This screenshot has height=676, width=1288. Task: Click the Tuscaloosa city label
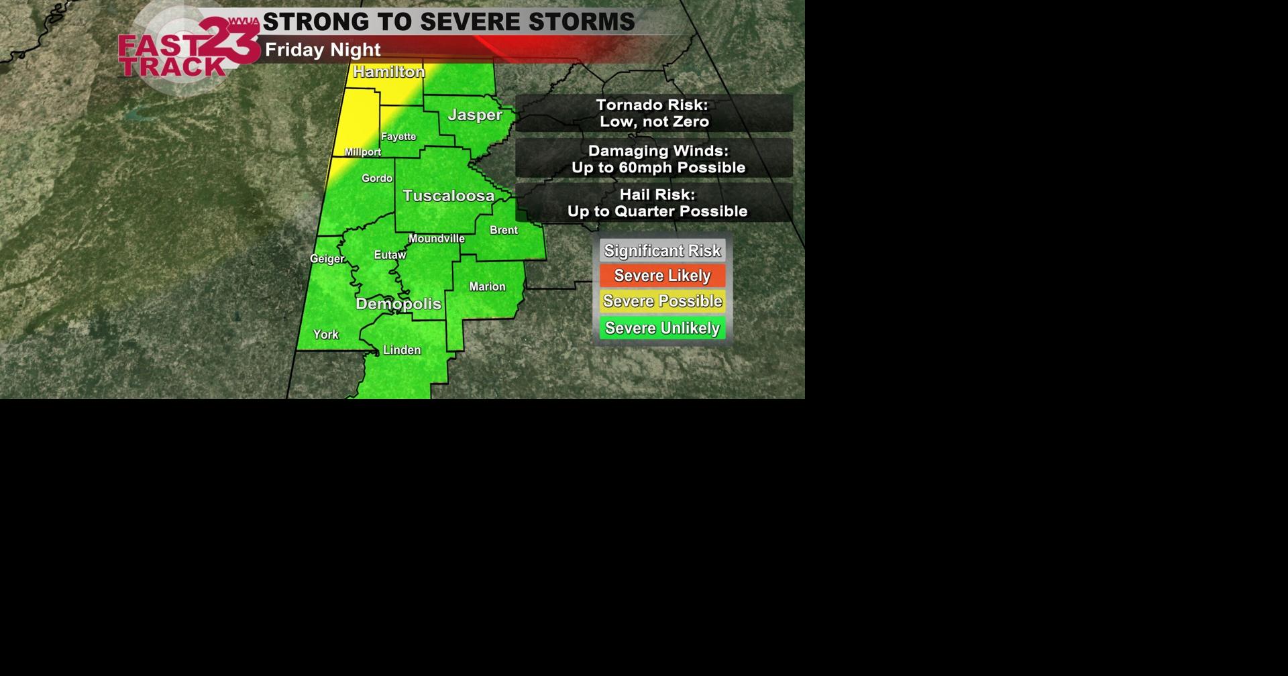[x=448, y=196]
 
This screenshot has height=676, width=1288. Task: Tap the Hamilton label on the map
[x=389, y=72]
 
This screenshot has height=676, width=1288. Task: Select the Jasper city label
[x=475, y=115]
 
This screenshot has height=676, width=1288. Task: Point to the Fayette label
[x=398, y=137]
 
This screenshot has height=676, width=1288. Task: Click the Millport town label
[x=363, y=152]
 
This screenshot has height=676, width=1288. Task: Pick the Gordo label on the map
[x=377, y=178]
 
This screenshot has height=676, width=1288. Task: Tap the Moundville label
[x=437, y=239]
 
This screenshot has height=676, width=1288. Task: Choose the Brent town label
[x=504, y=230]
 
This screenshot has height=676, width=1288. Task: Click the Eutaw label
[x=390, y=255]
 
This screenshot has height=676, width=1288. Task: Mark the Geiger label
[x=327, y=259]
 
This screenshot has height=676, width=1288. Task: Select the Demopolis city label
[x=398, y=304]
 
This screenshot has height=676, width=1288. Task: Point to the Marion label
[x=487, y=287]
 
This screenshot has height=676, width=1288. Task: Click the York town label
[x=326, y=335]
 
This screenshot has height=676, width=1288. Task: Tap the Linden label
[x=402, y=350]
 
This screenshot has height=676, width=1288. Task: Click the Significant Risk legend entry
[x=662, y=251]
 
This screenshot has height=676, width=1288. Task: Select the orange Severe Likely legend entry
[x=662, y=276]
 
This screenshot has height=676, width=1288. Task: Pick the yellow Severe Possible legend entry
[x=662, y=301]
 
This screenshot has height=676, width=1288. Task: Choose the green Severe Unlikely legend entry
[x=662, y=328]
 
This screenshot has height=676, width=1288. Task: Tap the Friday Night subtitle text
[x=323, y=50]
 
